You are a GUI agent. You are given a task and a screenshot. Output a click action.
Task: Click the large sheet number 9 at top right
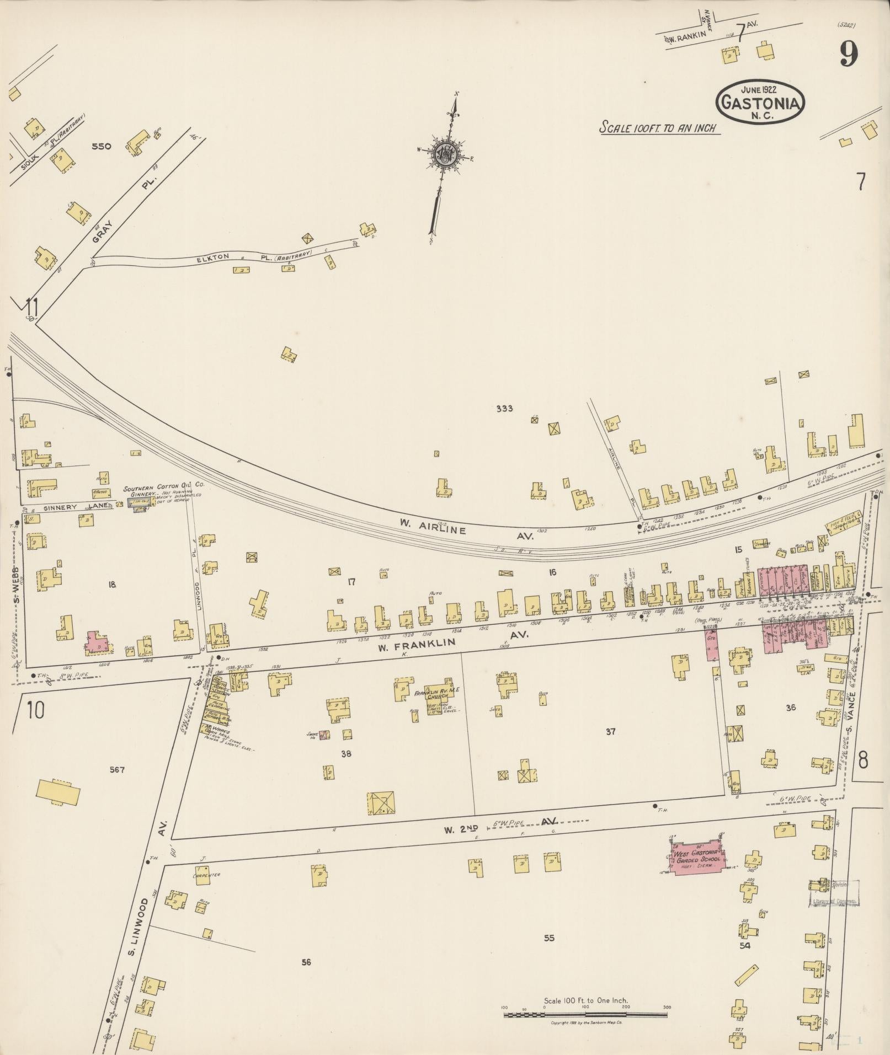click(x=849, y=54)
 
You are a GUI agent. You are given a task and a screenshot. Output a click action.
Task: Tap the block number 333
click(x=504, y=409)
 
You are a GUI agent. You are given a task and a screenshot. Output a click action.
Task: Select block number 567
click(x=116, y=770)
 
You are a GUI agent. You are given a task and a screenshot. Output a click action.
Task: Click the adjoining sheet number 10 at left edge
click(x=35, y=711)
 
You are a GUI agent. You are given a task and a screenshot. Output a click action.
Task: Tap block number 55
click(x=548, y=938)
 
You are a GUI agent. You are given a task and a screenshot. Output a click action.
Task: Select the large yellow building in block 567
click(x=58, y=794)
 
